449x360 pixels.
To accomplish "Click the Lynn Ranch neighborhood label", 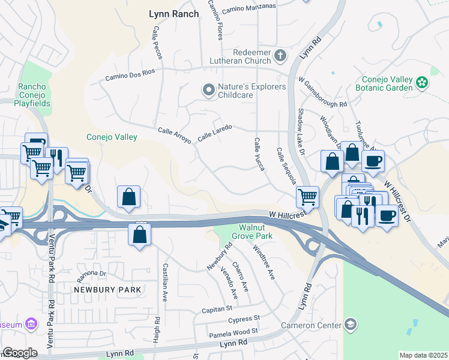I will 173,14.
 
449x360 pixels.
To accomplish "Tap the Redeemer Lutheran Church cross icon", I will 280,56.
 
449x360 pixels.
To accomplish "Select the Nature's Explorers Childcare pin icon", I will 208,91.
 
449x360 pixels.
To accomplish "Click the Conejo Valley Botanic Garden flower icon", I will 423,82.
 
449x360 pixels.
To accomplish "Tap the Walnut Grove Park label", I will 256,232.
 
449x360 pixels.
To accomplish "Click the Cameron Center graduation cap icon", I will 351,325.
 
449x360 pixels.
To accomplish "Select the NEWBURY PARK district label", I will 107,290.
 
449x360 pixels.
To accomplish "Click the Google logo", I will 20,353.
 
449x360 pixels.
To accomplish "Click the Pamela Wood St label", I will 233,332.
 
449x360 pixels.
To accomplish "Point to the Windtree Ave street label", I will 263,262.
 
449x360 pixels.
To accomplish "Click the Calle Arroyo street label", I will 174,135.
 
